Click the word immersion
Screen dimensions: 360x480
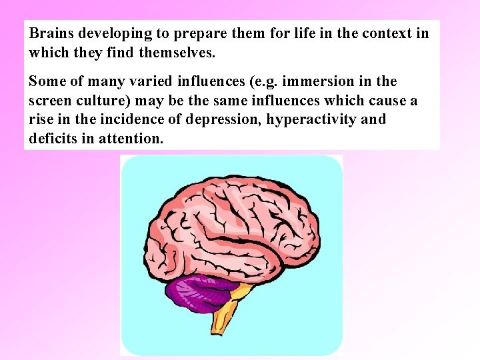tap(315, 81)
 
